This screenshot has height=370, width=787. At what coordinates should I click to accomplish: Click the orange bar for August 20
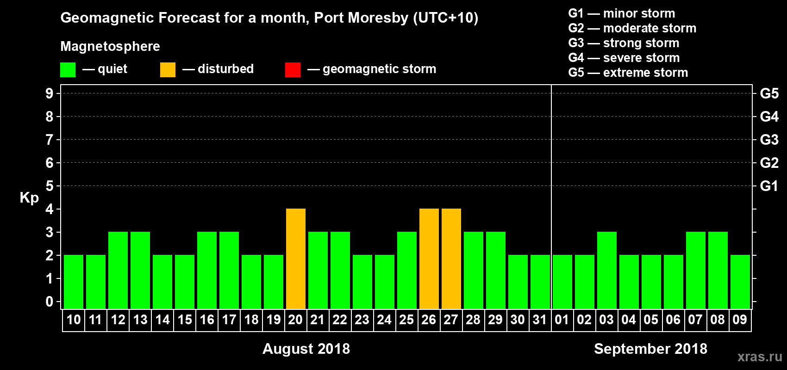click(295, 259)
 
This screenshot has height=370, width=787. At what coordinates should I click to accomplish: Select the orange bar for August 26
click(429, 259)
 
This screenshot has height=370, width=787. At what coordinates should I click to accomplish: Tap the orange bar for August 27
click(451, 259)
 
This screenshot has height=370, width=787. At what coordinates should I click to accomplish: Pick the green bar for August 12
click(118, 270)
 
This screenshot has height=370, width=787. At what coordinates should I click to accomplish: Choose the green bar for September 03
click(606, 270)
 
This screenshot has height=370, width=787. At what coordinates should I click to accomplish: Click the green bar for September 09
click(740, 282)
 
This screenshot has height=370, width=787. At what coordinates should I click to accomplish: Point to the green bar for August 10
click(73, 282)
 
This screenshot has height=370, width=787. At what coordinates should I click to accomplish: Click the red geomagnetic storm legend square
click(293, 70)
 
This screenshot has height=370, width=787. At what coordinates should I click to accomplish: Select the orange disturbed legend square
click(168, 70)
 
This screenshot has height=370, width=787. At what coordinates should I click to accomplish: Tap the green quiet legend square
click(68, 70)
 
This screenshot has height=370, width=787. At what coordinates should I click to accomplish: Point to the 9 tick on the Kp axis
click(50, 93)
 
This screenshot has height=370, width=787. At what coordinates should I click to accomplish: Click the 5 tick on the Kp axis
click(50, 186)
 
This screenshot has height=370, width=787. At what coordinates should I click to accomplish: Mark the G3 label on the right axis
click(769, 140)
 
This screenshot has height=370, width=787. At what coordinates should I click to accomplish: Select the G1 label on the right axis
click(769, 186)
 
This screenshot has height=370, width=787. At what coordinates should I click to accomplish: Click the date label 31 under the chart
click(540, 320)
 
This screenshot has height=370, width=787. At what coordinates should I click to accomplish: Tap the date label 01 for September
click(562, 320)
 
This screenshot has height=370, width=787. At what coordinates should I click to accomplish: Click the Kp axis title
click(29, 198)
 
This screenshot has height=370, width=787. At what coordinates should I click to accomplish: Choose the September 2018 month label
click(650, 349)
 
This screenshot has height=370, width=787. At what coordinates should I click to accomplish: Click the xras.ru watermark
click(760, 357)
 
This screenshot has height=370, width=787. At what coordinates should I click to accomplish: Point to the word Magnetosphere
click(110, 46)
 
